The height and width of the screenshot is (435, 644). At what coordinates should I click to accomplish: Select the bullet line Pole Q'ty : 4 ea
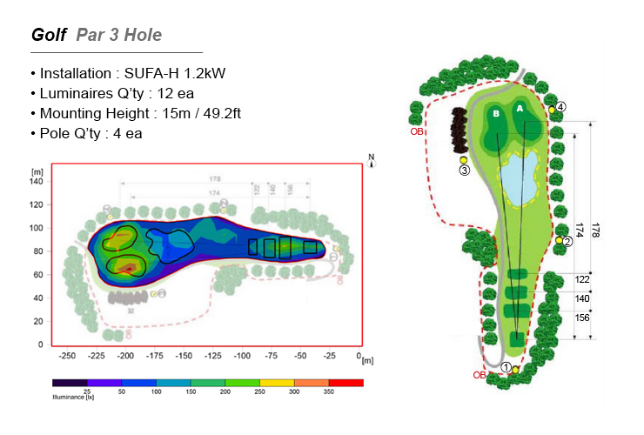86,133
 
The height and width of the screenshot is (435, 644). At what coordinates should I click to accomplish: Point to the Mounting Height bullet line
131,113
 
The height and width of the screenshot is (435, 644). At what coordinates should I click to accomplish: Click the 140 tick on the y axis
37,181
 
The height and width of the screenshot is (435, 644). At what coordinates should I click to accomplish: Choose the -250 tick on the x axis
67,356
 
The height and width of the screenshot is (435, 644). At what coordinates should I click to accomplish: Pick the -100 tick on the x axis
243,356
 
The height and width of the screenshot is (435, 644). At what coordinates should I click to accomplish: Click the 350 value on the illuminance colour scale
328,392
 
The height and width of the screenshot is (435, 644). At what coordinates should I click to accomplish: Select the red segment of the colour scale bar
345,382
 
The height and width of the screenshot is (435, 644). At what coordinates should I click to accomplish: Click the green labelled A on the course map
520,110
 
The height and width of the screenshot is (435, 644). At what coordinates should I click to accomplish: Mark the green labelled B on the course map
495,114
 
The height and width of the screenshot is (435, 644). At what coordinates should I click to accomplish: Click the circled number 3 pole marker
464,171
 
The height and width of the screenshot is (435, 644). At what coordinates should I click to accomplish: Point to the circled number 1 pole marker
506,367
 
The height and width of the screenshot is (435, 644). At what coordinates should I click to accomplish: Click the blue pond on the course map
519,179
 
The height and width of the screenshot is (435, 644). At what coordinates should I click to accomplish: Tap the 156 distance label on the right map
582,318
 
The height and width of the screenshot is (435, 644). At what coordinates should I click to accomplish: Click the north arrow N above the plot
371,161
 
